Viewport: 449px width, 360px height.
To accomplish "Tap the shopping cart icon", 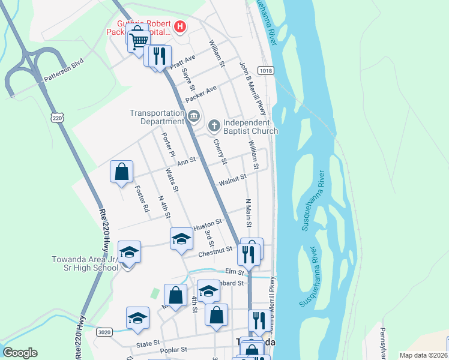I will (x=138, y=39).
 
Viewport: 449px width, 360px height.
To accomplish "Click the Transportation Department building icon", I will (x=193, y=116).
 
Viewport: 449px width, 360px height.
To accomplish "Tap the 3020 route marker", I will (x=104, y=331).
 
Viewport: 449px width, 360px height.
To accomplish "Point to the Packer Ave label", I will (x=201, y=94).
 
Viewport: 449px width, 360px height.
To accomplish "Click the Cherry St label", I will (x=220, y=152).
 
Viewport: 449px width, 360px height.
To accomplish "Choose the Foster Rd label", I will (x=142, y=199).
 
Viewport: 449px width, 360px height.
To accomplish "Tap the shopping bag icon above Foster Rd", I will (x=122, y=172).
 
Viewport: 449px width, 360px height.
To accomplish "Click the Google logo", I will (x=20, y=352).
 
